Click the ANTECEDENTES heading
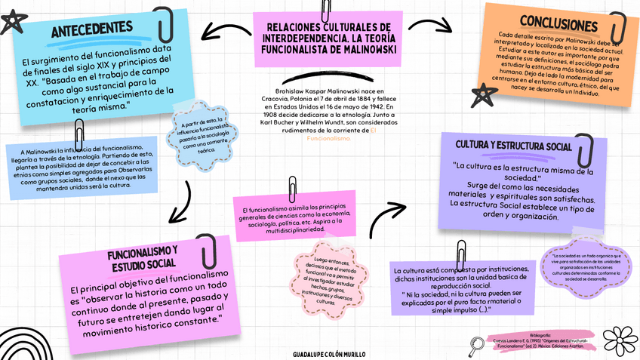click(x=91, y=30)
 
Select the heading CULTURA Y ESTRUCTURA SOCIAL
click(x=513, y=144)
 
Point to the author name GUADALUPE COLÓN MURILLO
click(x=328, y=352)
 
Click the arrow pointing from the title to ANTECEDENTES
click(x=224, y=31)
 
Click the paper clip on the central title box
click(x=326, y=10)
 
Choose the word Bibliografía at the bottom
click(x=540, y=334)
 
